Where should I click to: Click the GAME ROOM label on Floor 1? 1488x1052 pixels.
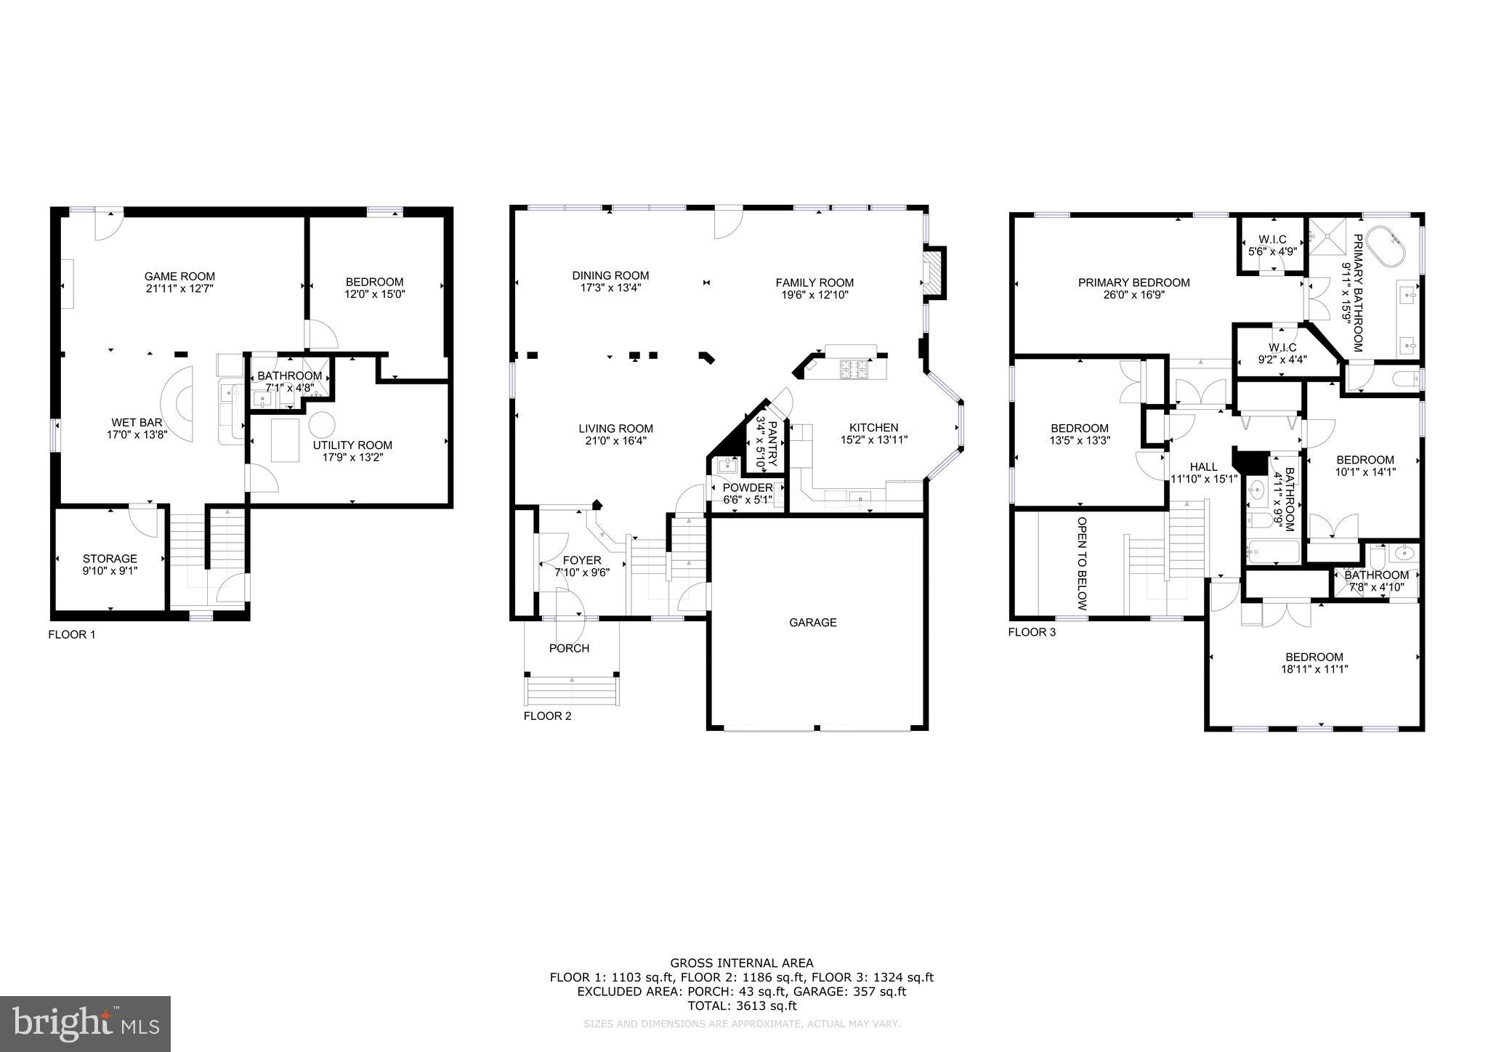pyautogui.click(x=179, y=276)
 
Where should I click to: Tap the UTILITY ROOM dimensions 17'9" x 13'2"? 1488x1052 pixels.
pyautogui.click(x=352, y=458)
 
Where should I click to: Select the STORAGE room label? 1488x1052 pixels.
pyautogui.click(x=110, y=559)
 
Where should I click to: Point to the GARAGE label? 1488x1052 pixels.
pyautogui.click(x=813, y=623)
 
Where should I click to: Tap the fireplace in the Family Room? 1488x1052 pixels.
pyautogui.click(x=932, y=273)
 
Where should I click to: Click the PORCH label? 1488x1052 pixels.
pyautogui.click(x=569, y=649)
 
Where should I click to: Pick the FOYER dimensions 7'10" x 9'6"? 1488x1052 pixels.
pyautogui.click(x=581, y=572)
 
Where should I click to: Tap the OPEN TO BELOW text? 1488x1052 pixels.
pyautogui.click(x=1081, y=564)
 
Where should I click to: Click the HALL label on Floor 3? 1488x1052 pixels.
pyautogui.click(x=1203, y=466)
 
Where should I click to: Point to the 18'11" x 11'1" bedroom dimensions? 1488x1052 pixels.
pyautogui.click(x=1314, y=669)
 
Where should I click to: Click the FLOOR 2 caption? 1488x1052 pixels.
pyautogui.click(x=547, y=716)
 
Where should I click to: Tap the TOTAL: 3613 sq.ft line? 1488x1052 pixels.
pyautogui.click(x=742, y=1006)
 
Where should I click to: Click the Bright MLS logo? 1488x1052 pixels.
pyautogui.click(x=86, y=1024)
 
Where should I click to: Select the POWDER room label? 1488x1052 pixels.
pyautogui.click(x=748, y=487)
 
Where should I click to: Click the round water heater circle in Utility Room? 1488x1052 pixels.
pyautogui.click(x=322, y=424)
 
